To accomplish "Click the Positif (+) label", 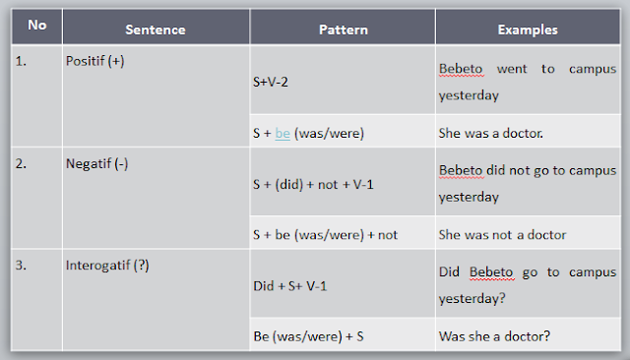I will pyautogui.click(x=94, y=61).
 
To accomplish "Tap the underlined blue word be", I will pyautogui.click(x=283, y=133).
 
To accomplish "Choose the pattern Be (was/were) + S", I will pyautogui.click(x=308, y=337).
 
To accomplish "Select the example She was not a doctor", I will pyautogui.click(x=501, y=235).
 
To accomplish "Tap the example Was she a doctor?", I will pyautogui.click(x=494, y=337).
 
